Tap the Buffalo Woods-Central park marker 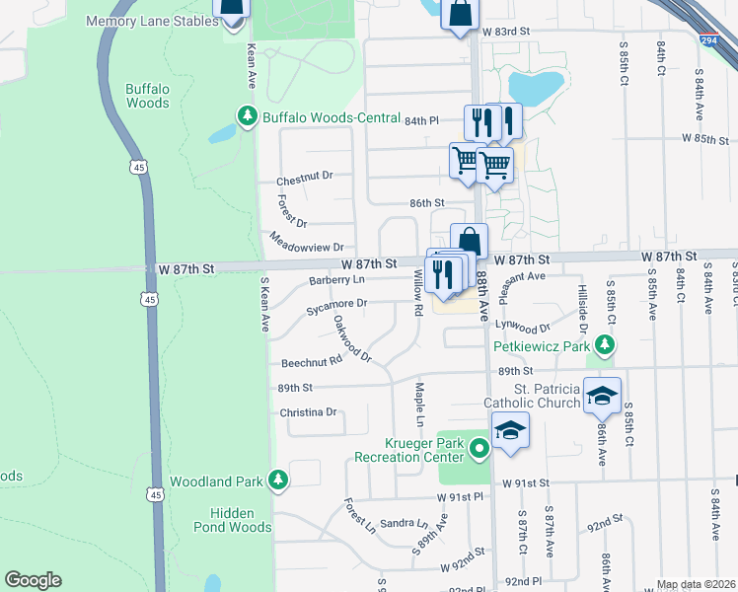coord(246,118)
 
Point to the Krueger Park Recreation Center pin coord(480,450)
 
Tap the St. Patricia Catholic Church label coord(533,395)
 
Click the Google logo coord(33,580)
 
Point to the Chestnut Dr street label coord(305,176)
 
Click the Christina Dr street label coord(309,412)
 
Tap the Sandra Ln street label coord(405,523)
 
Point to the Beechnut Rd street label coord(311,363)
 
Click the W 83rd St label coord(507,32)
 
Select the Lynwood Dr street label coord(521,326)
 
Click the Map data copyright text coord(696,584)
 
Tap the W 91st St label coord(524,483)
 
